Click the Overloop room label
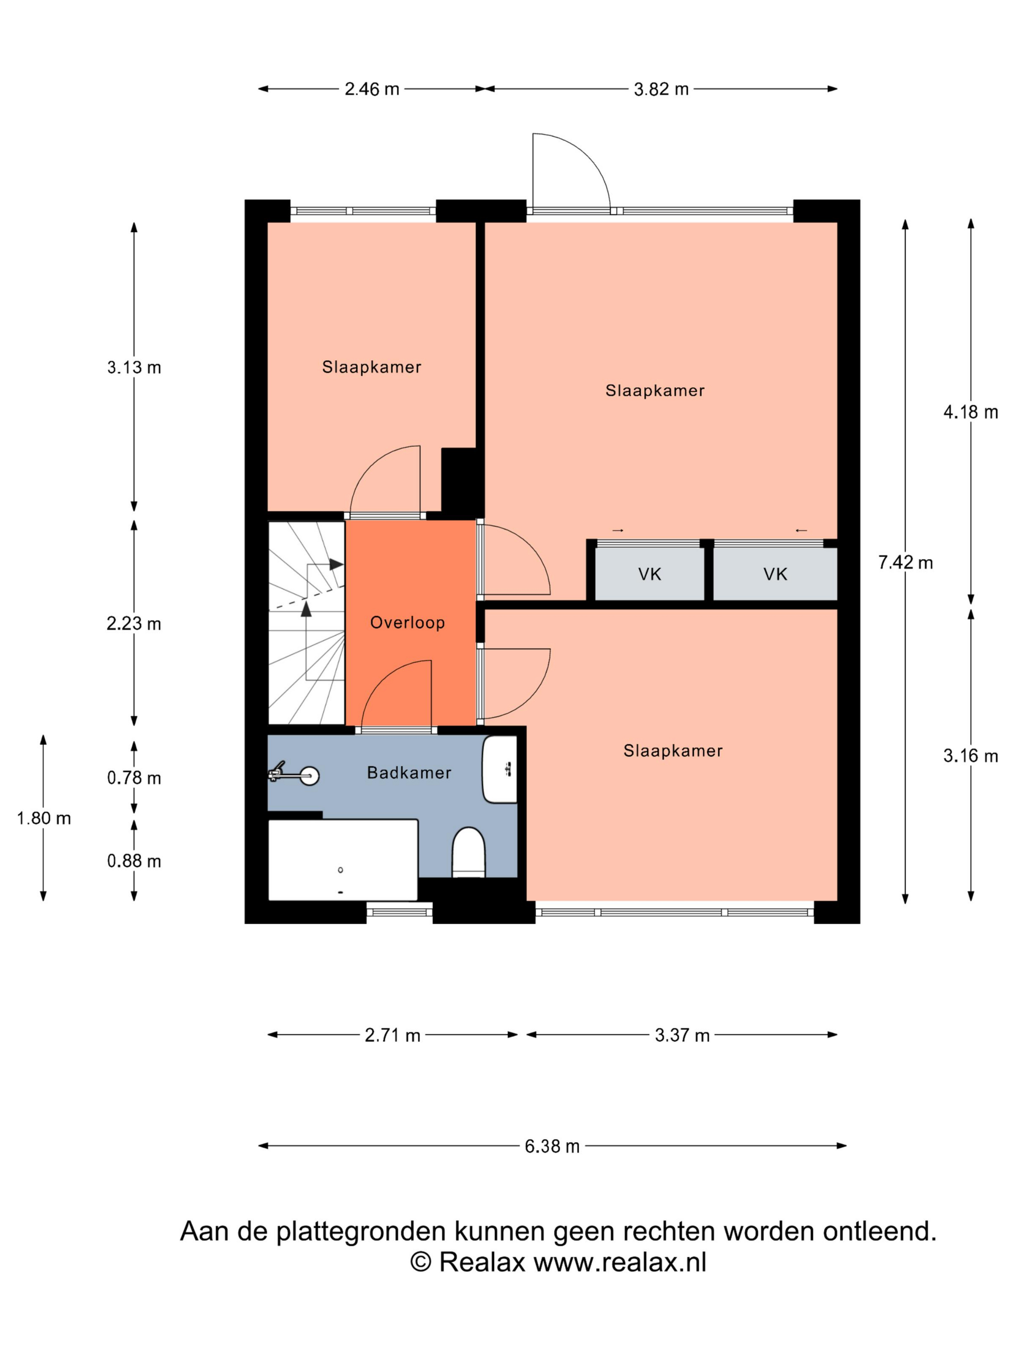pyautogui.click(x=407, y=622)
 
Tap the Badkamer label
pyautogui.click(x=409, y=772)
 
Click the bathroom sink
pyautogui.click(x=500, y=769)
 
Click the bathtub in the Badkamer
pyautogui.click(x=343, y=860)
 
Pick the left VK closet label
pyautogui.click(x=650, y=574)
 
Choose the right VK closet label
pyautogui.click(x=775, y=574)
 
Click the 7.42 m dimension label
pyautogui.click(x=905, y=562)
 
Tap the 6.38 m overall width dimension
pyautogui.click(x=552, y=1146)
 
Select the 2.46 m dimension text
pyautogui.click(x=372, y=89)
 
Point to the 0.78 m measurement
pyautogui.click(x=134, y=778)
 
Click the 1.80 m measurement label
pyautogui.click(x=43, y=818)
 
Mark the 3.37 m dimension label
pyautogui.click(x=682, y=1035)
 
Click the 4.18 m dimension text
pyautogui.click(x=971, y=412)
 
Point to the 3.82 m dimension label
pyautogui.click(x=661, y=89)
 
